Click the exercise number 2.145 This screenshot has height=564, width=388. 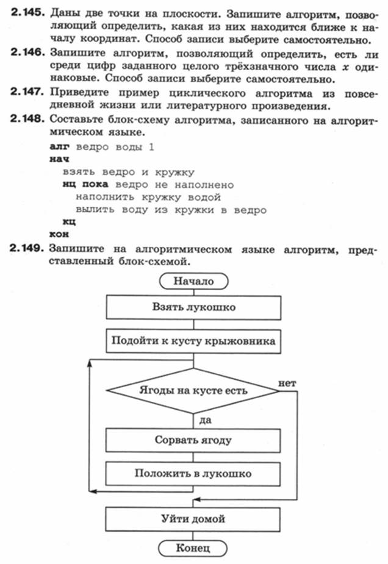point(27,13)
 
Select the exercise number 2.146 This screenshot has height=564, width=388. point(27,52)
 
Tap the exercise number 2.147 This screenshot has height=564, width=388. point(27,92)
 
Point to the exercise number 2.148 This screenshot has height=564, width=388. point(27,118)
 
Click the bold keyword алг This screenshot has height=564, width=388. point(59,147)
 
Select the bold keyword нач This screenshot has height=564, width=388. point(59,159)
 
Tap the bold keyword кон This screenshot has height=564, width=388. point(59,234)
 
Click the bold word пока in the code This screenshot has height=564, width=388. point(95,184)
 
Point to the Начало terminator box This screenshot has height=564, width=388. point(193,281)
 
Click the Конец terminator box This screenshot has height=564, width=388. point(193,548)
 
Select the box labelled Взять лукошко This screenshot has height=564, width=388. point(193,307)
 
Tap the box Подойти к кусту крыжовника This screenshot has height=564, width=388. point(193,341)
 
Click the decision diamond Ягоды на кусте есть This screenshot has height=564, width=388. point(193,391)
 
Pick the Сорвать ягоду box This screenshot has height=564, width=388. point(193,440)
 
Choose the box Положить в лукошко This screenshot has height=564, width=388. point(193,474)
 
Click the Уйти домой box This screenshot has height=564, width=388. point(193,519)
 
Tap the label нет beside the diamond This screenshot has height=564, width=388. point(287,383)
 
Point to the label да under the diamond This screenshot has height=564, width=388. point(205,420)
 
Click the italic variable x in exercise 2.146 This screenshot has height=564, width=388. point(345,67)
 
